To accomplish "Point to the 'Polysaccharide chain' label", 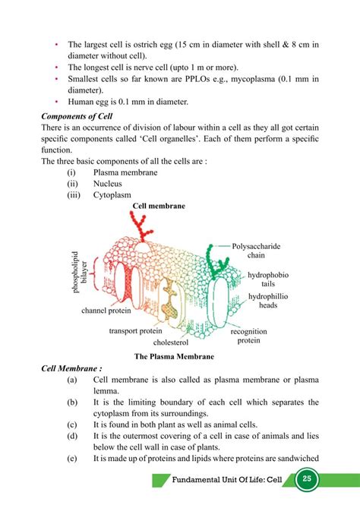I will click(x=257, y=251).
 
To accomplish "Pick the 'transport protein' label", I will click(x=137, y=330).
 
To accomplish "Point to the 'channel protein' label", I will click(x=106, y=310).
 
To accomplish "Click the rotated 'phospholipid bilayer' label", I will click(x=80, y=270).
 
